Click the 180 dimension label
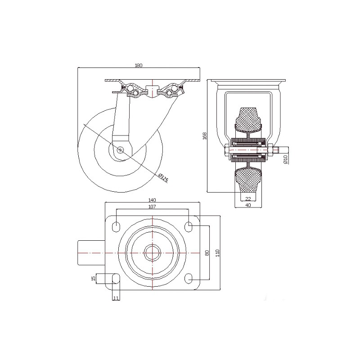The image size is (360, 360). click(x=139, y=65)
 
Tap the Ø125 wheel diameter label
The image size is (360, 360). click(x=163, y=178)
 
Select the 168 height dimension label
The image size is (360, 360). click(x=205, y=136)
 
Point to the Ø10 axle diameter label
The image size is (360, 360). click(x=285, y=159)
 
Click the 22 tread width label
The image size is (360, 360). click(x=248, y=199)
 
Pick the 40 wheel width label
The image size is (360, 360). click(x=248, y=205)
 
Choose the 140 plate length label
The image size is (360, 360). click(x=152, y=200)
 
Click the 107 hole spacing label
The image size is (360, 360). click(x=152, y=207)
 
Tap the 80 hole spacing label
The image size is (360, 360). click(x=207, y=253)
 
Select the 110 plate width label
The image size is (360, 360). click(x=218, y=253)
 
